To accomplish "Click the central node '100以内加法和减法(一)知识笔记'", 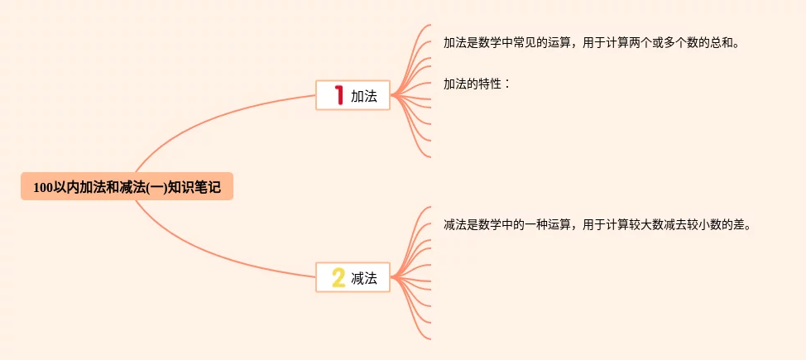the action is click(x=127, y=187).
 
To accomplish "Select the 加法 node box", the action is click(x=353, y=96).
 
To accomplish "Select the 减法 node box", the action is click(x=353, y=277).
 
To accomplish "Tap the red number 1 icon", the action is click(x=338, y=96).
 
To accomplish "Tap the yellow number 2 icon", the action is click(x=338, y=277).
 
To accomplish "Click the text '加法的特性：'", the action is click(x=477, y=84).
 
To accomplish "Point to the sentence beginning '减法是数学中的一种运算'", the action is click(x=597, y=224).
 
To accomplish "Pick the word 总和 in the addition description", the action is click(x=717, y=43).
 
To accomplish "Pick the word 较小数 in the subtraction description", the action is click(x=708, y=224).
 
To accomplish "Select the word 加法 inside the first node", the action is click(x=364, y=96).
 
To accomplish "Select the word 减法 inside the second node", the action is click(x=364, y=277).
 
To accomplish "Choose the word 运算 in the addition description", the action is click(x=552, y=43).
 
